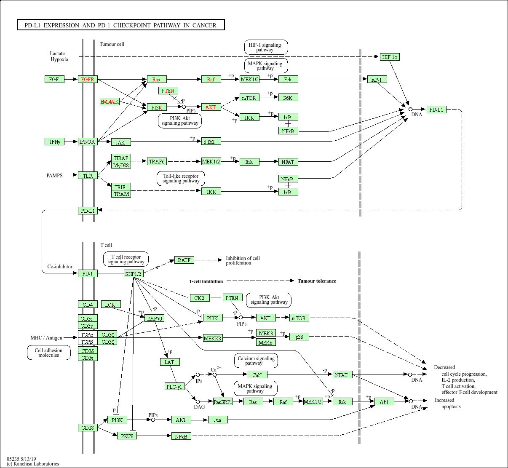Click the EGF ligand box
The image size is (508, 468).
point(54,79)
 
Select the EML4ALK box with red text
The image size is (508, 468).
point(110,102)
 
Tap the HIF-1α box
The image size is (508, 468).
point(390,57)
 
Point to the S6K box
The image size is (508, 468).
point(288,98)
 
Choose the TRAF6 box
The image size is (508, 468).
point(157,161)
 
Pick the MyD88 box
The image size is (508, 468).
point(121,165)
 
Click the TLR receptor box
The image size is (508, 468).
point(88,175)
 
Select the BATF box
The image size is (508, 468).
point(184,260)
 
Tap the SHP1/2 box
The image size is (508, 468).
point(134,274)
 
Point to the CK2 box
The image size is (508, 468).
point(199,298)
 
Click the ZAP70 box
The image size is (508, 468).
point(154,318)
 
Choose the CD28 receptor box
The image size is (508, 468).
point(88,428)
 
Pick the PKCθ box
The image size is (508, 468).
point(127,436)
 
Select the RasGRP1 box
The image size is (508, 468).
point(223,402)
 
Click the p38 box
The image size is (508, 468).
point(299,337)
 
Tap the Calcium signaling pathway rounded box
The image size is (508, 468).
point(256,361)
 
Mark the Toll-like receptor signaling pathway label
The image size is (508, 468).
point(181,178)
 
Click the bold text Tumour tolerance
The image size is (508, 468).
point(317,281)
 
